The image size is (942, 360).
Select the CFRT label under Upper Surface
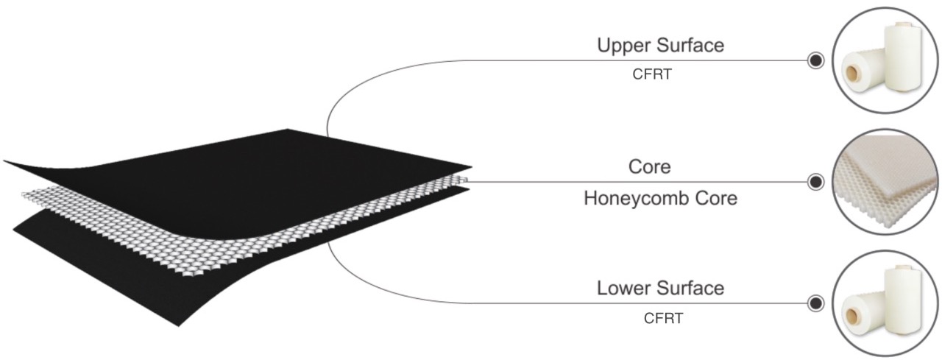(651, 75)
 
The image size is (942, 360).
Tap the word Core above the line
(649, 167)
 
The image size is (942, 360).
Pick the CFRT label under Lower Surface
(663, 318)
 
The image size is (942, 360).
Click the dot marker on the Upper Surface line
(815, 60)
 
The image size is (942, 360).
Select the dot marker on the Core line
(815, 182)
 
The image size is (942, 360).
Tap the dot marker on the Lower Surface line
(815, 303)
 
